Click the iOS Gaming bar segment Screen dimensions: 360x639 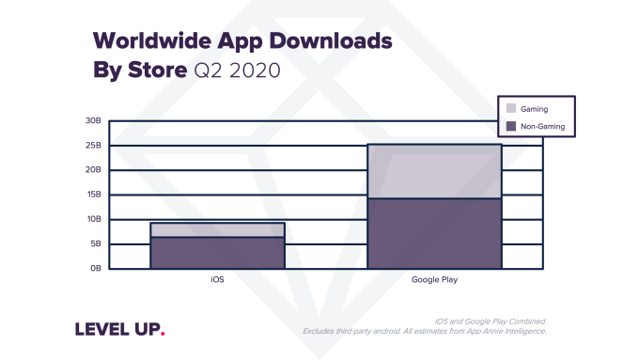point(217,229)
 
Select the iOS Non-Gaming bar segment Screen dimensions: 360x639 point(217,252)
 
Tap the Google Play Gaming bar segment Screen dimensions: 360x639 point(434,171)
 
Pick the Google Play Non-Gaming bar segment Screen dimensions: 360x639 point(434,233)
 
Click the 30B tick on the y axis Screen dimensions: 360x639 point(93,121)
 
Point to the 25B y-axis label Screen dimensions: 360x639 point(93,146)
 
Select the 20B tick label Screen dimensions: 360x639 point(93,170)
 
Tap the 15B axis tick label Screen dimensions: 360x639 point(93,195)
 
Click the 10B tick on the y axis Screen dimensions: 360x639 point(93,219)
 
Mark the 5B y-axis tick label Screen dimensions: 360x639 point(95,243)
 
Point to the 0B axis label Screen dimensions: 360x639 point(95,268)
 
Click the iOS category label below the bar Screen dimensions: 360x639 point(217,280)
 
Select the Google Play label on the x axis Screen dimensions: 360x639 point(434,280)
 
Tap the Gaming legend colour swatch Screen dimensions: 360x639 point(510,109)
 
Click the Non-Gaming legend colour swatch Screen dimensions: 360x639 point(510,126)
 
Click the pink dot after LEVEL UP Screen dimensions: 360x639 point(162,333)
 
